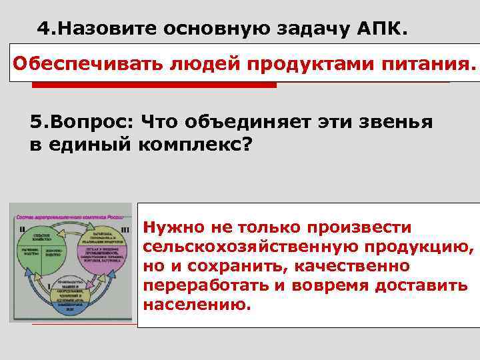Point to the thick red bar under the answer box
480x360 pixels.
(154, 85)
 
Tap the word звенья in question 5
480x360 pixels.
(399, 123)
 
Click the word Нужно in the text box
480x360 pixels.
(171, 227)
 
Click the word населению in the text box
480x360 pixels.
(195, 305)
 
